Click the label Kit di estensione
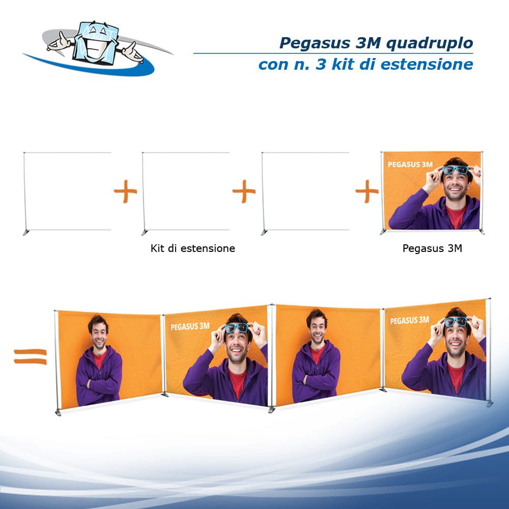point(193,248)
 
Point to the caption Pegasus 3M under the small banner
point(432,248)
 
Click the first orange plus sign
point(125,194)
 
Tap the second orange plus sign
point(244,194)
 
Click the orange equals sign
point(30,356)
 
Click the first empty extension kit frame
point(67,191)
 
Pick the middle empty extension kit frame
point(186,191)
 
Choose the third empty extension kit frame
point(305,191)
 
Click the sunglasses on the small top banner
point(456,170)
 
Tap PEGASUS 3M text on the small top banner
point(410,164)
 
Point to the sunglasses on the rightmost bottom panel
point(457,322)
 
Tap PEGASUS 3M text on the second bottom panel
point(190,326)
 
